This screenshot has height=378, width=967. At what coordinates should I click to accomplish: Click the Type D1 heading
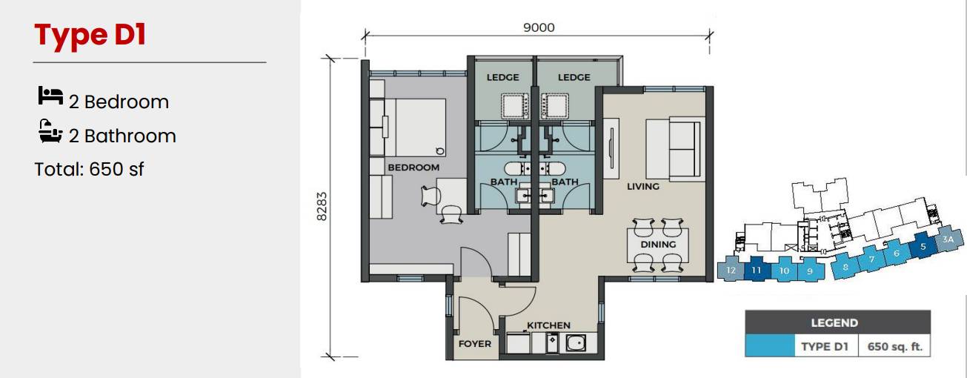coord(90,35)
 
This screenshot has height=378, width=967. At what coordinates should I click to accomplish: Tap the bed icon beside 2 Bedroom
coord(50,96)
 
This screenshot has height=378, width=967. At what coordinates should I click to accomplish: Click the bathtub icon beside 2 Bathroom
coord(50,131)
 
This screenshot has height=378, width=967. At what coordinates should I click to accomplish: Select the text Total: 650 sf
coord(89,169)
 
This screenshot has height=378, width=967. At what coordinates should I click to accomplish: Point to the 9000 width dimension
coord(539,27)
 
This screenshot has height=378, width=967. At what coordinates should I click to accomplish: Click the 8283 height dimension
coord(322,207)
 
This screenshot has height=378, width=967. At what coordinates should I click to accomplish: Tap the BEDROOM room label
coord(413,168)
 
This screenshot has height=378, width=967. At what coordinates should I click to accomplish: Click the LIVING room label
coord(643,187)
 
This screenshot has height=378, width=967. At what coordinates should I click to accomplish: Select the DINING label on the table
coord(658,245)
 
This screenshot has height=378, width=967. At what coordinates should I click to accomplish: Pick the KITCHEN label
coord(548,325)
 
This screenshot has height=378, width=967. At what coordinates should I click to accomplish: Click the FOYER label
coord(475,344)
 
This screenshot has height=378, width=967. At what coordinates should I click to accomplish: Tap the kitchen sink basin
coord(576,343)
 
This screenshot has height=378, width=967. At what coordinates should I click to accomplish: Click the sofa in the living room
coord(673,148)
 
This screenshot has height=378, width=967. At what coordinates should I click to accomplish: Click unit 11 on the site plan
coord(756,269)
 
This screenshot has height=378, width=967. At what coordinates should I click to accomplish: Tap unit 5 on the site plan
coord(923,245)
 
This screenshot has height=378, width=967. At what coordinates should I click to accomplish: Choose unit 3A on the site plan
coord(948,239)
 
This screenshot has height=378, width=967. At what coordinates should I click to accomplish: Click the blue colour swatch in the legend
coord(770,346)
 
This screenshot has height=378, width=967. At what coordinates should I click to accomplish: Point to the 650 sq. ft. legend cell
coord(894,346)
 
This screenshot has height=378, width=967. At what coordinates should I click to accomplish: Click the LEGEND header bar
coord(837,322)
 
